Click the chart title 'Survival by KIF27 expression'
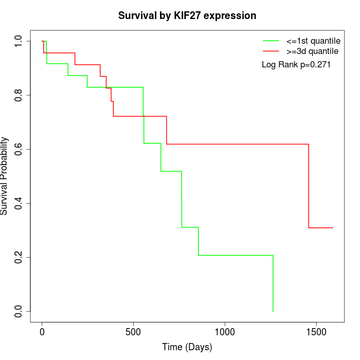[187, 15]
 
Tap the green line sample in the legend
[271, 41]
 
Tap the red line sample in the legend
[271, 51]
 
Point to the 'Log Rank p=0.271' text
[296, 65]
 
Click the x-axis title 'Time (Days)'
[187, 347]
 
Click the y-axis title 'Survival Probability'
[5, 176]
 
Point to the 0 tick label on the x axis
[42, 332]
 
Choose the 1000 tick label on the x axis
[225, 332]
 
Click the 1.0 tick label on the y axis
[19, 41]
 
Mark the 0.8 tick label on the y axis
[19, 95]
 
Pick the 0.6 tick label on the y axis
[19, 149]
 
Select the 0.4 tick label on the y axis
[19, 203]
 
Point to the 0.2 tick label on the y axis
[19, 257]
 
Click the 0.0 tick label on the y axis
[19, 311]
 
